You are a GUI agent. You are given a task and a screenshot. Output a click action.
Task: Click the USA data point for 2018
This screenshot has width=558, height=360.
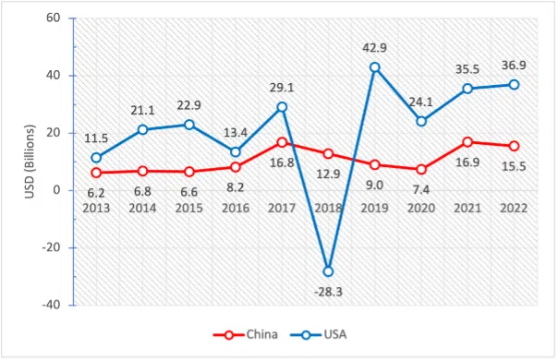click(328, 270)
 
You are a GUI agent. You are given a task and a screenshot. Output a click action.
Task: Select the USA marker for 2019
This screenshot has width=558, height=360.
click(375, 67)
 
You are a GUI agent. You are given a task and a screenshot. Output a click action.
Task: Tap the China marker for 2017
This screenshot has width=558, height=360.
click(282, 142)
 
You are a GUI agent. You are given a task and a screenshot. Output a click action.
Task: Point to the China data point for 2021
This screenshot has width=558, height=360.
click(467, 142)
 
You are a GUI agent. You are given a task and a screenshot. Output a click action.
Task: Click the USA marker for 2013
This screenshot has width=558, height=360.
click(96, 158)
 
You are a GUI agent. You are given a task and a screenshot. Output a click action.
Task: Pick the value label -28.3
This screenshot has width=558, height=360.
click(328, 291)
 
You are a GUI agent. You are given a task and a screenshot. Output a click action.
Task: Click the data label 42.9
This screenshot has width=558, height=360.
click(374, 46)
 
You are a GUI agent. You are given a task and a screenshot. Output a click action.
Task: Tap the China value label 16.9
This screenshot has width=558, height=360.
click(467, 162)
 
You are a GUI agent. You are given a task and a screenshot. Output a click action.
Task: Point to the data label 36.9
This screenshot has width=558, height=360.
click(514, 65)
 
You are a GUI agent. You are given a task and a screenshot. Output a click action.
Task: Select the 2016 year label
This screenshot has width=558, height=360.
click(235, 209)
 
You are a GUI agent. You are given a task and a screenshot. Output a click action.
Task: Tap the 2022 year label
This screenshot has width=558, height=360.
click(514, 209)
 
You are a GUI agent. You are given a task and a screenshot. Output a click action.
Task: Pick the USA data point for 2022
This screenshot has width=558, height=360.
click(515, 85)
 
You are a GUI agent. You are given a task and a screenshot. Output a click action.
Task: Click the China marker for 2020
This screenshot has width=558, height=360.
click(421, 169)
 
